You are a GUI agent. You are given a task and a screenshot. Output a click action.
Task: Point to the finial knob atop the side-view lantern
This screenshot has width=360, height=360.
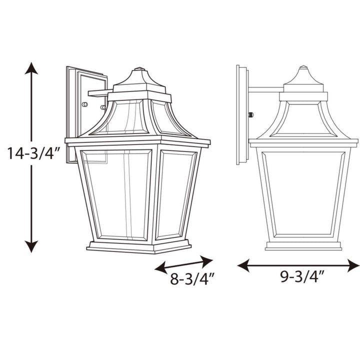click(x=303, y=67)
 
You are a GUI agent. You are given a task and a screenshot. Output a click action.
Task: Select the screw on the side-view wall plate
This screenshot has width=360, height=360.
click(x=250, y=114)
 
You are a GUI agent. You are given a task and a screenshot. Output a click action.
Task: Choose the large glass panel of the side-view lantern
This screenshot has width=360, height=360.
click(x=303, y=192)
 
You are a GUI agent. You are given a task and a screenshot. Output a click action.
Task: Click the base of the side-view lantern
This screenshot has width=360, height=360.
click(x=303, y=245)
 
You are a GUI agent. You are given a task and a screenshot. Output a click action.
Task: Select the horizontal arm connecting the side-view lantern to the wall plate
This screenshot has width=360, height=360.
click(x=265, y=90)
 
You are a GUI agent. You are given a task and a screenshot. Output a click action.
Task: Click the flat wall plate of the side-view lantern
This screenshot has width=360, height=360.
click(x=241, y=115)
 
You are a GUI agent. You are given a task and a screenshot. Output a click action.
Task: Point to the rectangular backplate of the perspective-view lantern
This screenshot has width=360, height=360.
click(x=75, y=110)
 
